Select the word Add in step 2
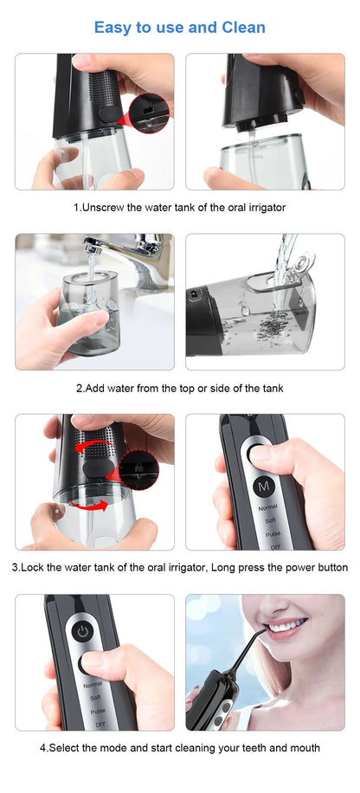point(98,388)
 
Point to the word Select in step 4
point(68,747)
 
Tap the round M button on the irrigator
point(264,487)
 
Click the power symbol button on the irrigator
point(82,631)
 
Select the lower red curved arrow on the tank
point(87,506)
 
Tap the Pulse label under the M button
point(267,534)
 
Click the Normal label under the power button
point(92,684)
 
